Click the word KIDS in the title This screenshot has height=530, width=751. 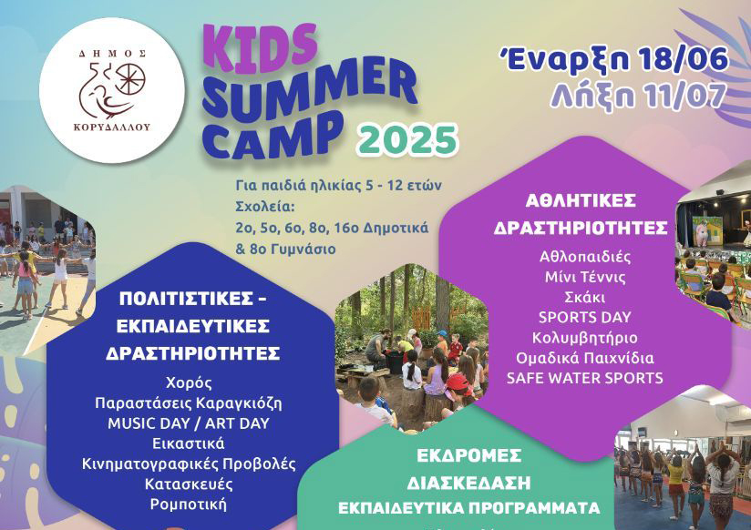260,48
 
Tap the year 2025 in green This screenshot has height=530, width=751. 408,139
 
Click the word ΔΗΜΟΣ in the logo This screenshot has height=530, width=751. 112,54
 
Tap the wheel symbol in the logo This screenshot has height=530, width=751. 129,79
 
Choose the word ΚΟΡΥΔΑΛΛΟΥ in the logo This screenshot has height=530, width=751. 112,127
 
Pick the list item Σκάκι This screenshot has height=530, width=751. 584,297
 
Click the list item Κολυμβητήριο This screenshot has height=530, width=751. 584,338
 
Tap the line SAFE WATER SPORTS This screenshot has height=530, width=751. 584,378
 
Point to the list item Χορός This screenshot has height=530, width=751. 189,383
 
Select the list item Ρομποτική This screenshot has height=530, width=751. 189,505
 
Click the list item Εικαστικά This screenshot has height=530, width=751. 189,443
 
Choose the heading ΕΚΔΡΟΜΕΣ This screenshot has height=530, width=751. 468,455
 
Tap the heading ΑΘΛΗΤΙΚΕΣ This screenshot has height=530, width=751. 581,200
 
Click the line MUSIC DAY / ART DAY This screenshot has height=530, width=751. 189,423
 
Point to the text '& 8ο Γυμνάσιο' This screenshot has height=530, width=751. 285,249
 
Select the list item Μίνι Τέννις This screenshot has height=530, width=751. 585,277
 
